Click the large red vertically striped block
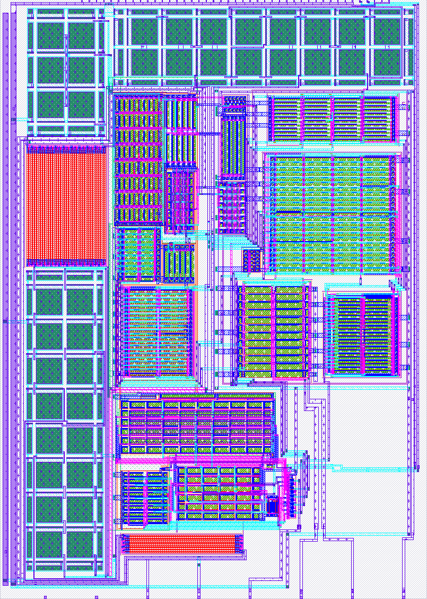click(x=66, y=204)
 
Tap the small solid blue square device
click(x=272, y=505)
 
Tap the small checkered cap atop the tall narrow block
click(x=234, y=100)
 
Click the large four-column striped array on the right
click(x=330, y=212)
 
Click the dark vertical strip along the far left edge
click(x=6, y=297)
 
